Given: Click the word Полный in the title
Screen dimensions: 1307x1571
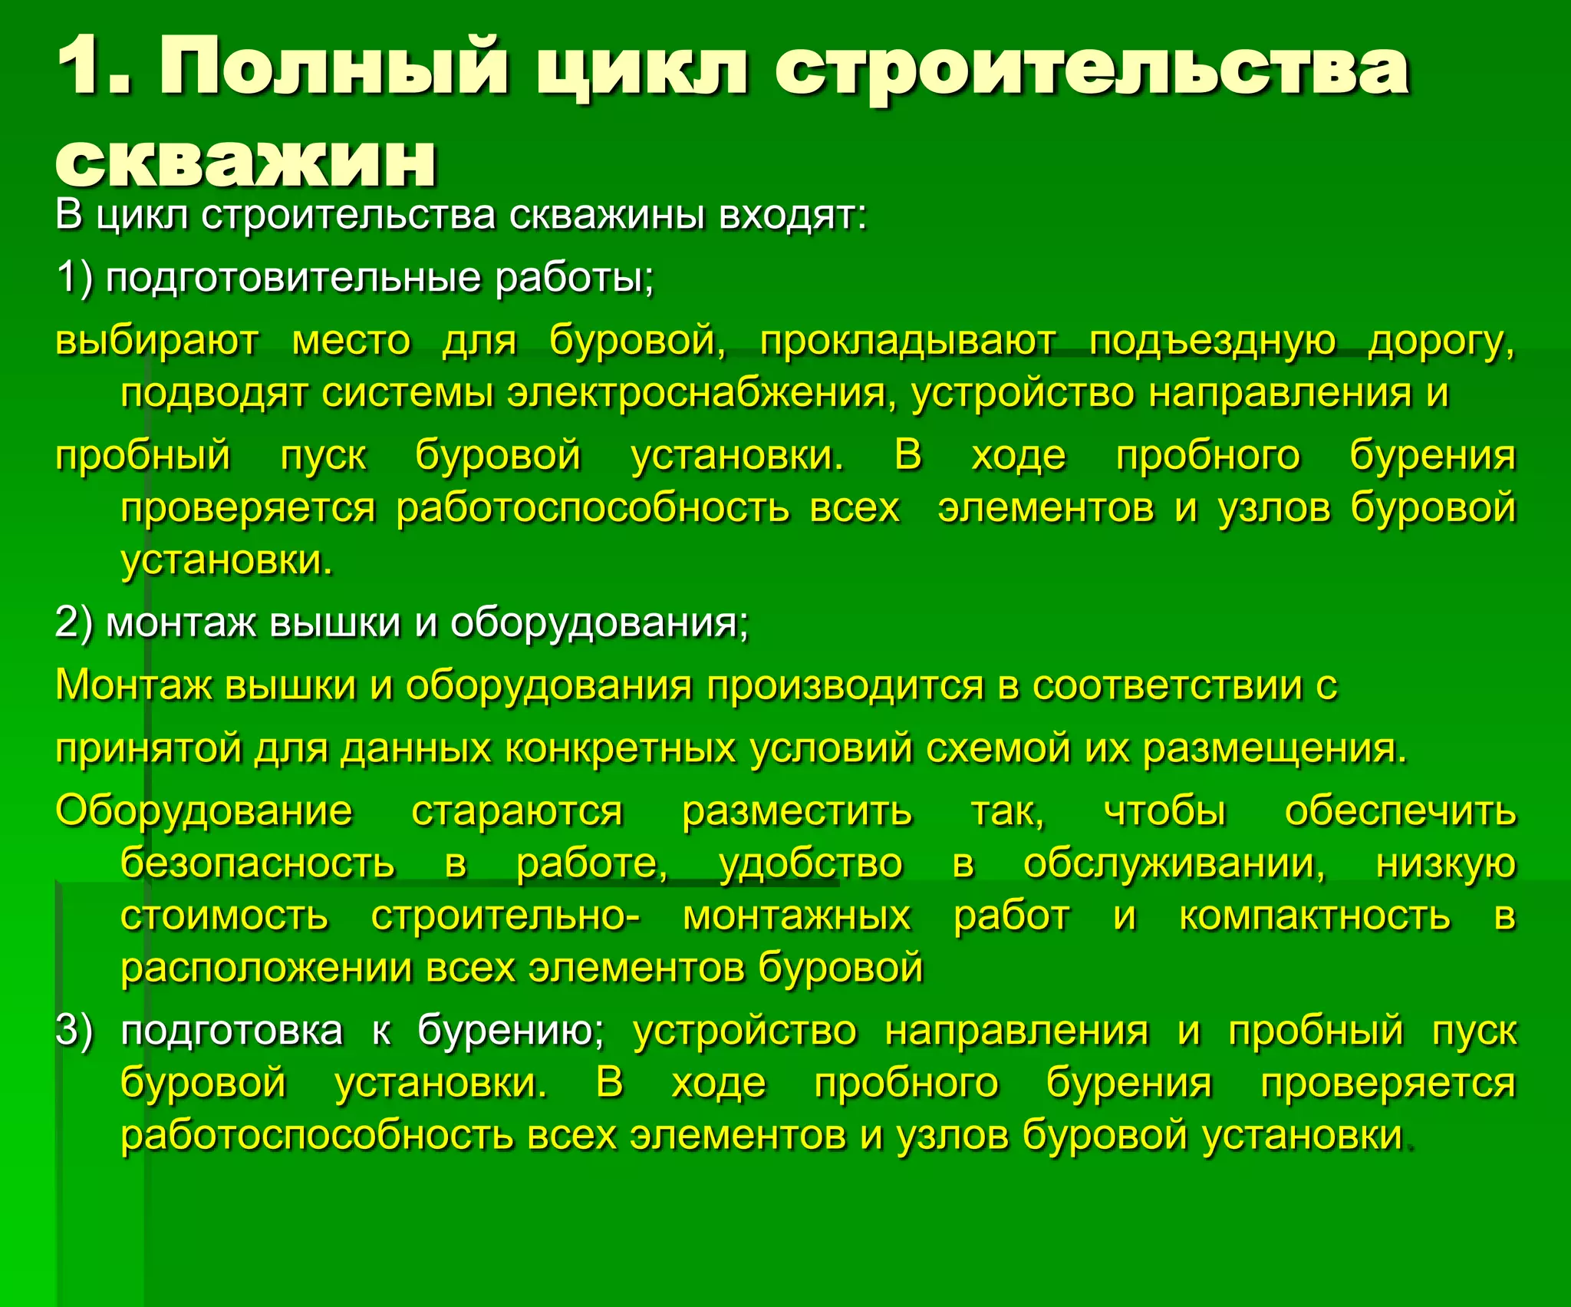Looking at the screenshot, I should (x=334, y=68).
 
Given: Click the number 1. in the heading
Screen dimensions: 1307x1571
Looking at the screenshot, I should (x=96, y=68).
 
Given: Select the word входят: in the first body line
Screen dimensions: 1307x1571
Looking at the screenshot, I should (x=792, y=216).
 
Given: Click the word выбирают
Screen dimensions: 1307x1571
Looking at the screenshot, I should (x=157, y=340).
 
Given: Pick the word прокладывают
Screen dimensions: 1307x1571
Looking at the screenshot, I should (x=907, y=340).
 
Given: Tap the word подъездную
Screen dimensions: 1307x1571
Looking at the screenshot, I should (x=1212, y=340).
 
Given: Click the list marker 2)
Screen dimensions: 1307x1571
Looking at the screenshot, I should (x=74, y=622).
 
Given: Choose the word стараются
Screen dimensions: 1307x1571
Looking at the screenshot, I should (x=518, y=811).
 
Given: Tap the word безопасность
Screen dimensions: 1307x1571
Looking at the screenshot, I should (x=258, y=863).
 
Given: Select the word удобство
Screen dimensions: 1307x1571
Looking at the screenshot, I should (x=811, y=863).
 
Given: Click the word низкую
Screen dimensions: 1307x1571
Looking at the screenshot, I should (x=1445, y=863).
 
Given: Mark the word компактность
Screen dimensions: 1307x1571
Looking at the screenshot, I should (x=1315, y=916).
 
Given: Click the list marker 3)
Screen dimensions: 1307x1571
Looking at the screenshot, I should (x=74, y=1031).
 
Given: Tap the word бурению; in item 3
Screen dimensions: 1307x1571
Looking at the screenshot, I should (x=511, y=1031).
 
